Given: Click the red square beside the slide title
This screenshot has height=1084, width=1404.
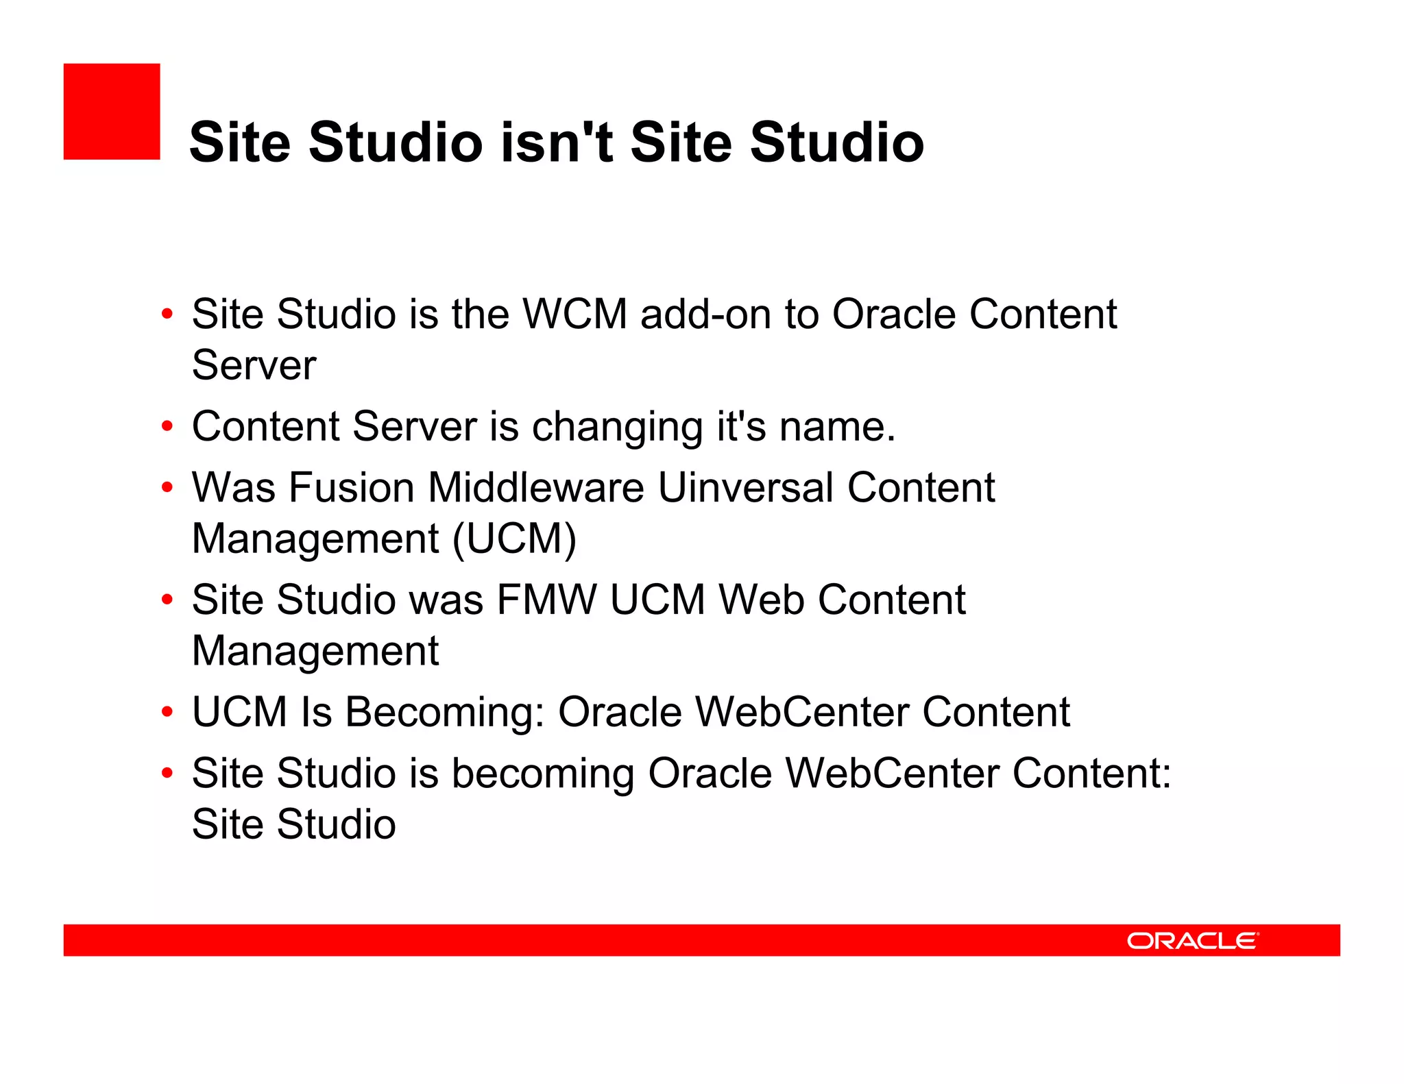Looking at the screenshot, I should click(112, 112).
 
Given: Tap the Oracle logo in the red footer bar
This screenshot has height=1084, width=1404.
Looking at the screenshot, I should click(1192, 940).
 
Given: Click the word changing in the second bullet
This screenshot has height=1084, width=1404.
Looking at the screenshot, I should click(617, 427).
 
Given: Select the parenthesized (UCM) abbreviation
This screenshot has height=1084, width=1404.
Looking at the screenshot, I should click(514, 539).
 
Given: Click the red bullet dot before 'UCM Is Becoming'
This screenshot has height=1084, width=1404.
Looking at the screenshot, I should click(167, 712).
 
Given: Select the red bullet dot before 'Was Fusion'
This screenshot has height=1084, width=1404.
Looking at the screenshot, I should click(167, 488).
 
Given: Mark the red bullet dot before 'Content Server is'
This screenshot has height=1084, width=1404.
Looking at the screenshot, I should click(167, 426).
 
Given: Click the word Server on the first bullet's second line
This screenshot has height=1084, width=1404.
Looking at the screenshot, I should click(254, 365).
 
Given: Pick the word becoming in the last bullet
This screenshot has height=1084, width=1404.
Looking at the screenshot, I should click(542, 774).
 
